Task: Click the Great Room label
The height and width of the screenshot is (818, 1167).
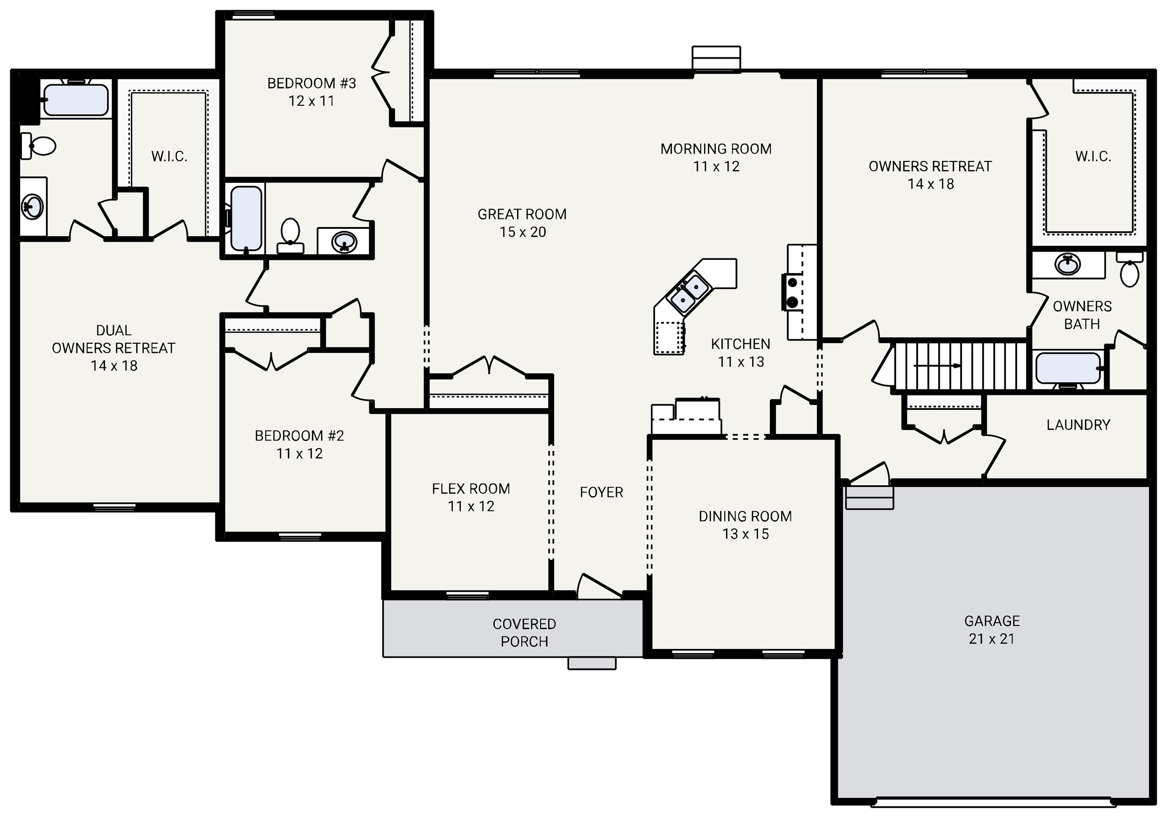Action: click(522, 223)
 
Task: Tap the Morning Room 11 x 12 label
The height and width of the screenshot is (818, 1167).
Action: click(716, 158)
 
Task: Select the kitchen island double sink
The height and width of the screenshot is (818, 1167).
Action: click(690, 294)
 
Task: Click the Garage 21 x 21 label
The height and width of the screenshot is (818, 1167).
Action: click(991, 629)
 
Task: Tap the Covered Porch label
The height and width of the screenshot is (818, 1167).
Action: click(524, 632)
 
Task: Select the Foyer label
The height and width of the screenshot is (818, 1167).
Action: click(601, 492)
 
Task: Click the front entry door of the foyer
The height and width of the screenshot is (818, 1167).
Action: click(599, 587)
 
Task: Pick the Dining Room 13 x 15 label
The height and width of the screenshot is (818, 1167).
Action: click(745, 525)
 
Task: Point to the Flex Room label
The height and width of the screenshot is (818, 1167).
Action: click(470, 497)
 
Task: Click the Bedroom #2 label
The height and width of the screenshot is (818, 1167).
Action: click(299, 444)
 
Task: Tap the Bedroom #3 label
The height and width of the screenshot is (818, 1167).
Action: click(311, 92)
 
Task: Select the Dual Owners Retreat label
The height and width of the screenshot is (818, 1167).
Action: click(114, 348)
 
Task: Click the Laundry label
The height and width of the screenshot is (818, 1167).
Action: click(1078, 425)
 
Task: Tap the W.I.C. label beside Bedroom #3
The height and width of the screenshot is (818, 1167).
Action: click(169, 156)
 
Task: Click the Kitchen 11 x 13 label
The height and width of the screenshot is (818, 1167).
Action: click(741, 353)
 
